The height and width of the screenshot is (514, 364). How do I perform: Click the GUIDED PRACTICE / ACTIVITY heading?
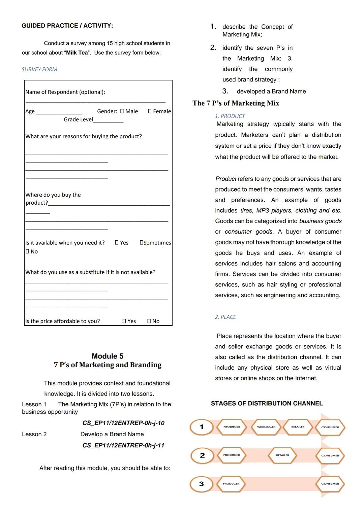tap(67, 26)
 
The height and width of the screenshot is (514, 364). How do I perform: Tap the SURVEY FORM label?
tap(39, 69)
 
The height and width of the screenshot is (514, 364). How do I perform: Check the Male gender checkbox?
tap(122, 111)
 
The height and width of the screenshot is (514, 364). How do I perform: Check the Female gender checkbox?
tap(150, 111)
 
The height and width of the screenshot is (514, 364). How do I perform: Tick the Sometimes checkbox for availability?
tap(142, 243)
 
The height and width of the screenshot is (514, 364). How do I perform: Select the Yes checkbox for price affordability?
tap(124, 321)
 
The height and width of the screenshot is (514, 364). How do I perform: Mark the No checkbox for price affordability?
tap(149, 321)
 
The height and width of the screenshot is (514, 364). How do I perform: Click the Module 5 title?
tap(108, 356)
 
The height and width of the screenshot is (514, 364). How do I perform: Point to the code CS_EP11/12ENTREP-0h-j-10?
tap(123, 423)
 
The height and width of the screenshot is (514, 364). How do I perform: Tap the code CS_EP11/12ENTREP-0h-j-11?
tap(123, 445)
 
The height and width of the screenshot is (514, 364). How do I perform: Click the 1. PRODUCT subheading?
tap(230, 116)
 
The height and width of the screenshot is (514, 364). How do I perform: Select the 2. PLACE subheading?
tap(225, 317)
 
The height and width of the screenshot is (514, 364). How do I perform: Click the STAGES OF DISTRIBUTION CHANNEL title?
tap(267, 403)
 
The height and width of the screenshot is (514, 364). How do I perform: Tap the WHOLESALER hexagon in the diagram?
tap(266, 427)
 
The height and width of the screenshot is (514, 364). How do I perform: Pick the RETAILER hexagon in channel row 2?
tap(282, 455)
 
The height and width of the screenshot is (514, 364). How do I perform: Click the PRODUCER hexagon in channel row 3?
tap(231, 484)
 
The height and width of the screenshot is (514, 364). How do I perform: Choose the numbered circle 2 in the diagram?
tap(202, 455)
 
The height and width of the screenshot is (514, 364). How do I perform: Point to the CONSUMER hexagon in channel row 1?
tap(330, 427)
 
